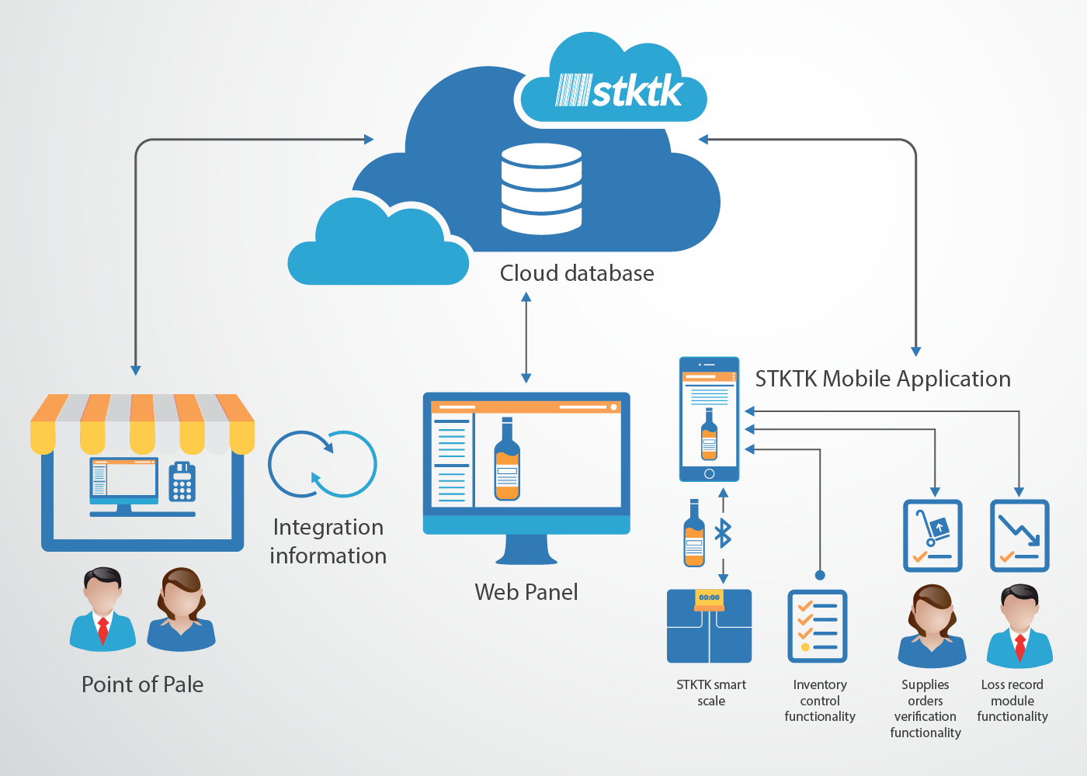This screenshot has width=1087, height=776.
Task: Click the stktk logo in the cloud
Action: (619, 92)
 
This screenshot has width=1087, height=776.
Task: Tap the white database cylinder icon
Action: (541, 189)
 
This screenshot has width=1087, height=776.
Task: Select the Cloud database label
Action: (576, 273)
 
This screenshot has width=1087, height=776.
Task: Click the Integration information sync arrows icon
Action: (322, 464)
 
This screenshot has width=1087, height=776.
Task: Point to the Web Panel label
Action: (526, 592)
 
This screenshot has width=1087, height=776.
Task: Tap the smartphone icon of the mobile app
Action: (709, 419)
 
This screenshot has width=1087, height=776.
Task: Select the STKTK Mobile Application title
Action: (883, 379)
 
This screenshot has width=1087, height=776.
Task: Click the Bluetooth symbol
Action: (723, 533)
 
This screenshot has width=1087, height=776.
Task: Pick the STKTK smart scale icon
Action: (709, 626)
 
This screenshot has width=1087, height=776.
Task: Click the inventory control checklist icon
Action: (818, 626)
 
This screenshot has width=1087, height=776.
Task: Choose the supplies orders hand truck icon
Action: (932, 535)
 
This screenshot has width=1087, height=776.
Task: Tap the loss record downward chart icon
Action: (1019, 535)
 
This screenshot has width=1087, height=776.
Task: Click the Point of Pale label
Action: (142, 684)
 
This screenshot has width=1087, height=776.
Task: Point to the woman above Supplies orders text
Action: (932, 626)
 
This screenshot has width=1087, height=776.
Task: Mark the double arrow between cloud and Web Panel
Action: (526, 338)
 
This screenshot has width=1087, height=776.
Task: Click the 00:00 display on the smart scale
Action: (709, 598)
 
